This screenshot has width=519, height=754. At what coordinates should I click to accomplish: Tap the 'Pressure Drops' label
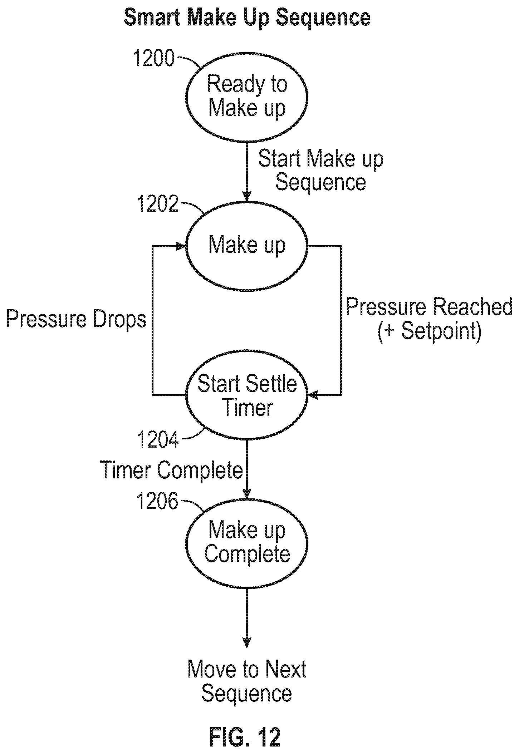pyautogui.click(x=77, y=319)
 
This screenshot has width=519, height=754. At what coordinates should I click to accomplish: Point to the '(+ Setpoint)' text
pyautogui.click(x=429, y=332)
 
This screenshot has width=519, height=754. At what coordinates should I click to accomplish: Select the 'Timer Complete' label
pyautogui.click(x=171, y=469)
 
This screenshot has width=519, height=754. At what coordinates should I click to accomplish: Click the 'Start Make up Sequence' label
pyautogui.click(x=321, y=171)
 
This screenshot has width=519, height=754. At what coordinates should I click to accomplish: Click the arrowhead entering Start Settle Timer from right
pyautogui.click(x=314, y=395)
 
